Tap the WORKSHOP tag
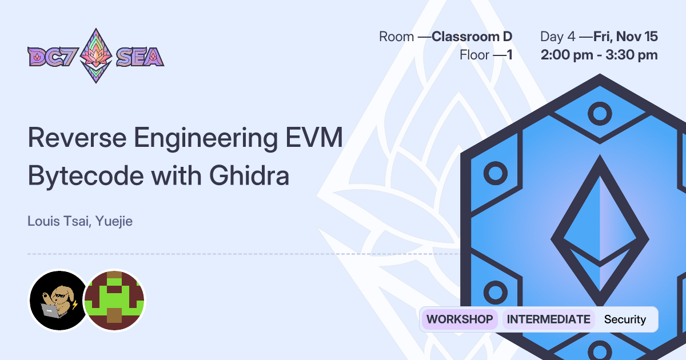[460, 319]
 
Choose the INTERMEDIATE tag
[548, 319]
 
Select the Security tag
[625, 319]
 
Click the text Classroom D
[472, 37]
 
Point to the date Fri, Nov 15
[625, 37]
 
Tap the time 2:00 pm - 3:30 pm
[600, 55]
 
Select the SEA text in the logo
[140, 57]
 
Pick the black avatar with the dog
[58, 300]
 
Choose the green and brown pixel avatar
[115, 300]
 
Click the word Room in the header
[396, 37]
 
